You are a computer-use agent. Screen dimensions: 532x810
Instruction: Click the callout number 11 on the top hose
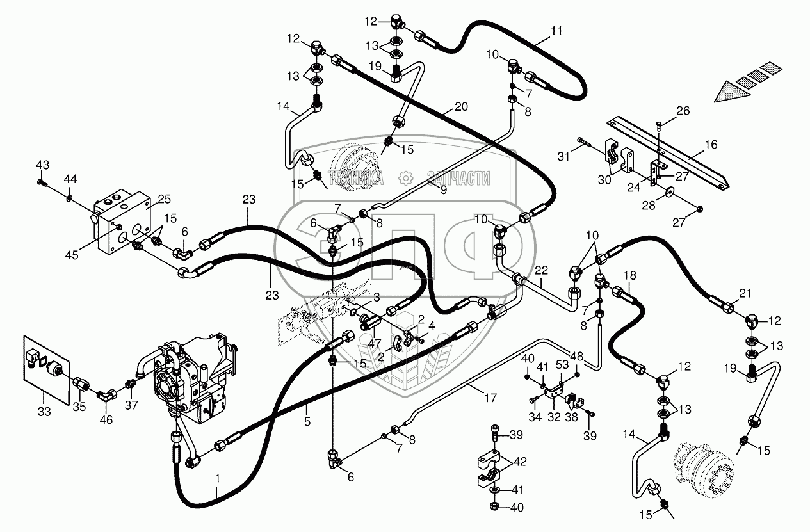click(x=556, y=29)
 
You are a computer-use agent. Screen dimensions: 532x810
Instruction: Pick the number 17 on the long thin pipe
click(x=490, y=398)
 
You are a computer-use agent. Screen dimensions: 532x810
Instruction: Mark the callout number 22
click(x=542, y=269)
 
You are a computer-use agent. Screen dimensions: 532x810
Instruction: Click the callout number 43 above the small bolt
click(x=42, y=165)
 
